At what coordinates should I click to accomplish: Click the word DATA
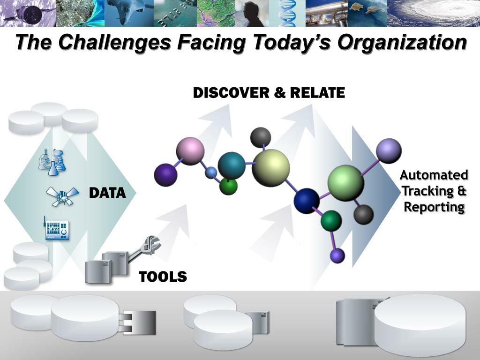pos(107,193)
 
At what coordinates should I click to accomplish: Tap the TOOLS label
pos(163,277)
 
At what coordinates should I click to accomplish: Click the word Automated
pos(434,175)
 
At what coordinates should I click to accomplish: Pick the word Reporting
pos(434,207)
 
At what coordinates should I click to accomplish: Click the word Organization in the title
pos(402,42)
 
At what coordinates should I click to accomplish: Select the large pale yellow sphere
pos(270,168)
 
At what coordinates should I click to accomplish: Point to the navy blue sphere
pos(307,201)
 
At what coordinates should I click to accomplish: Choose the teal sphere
pos(232,165)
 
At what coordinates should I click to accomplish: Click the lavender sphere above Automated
pos(389,151)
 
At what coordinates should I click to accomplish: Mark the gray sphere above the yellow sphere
pos(261,136)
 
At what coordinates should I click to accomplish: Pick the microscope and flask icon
pos(52,162)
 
